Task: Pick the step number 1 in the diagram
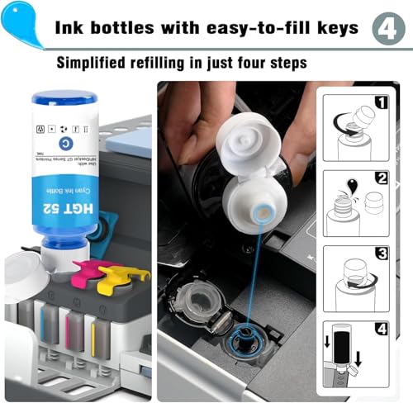coord(382,103)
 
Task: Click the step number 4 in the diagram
coord(382,330)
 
